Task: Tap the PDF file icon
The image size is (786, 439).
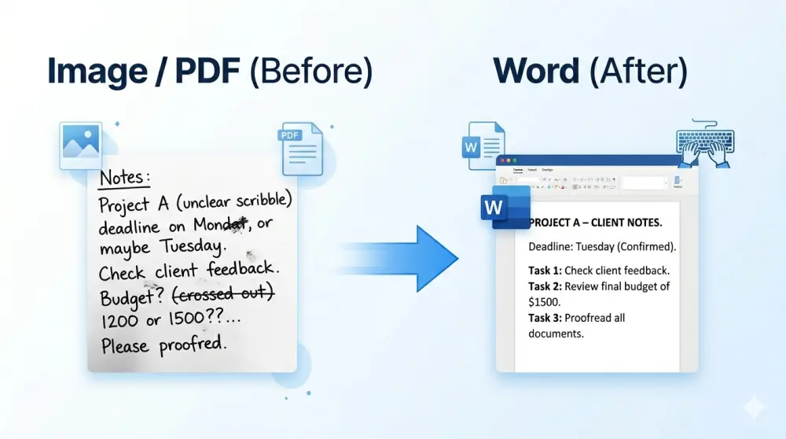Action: pos(302,149)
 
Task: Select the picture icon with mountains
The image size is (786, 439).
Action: pos(81,146)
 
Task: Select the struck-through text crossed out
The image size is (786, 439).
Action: pos(222,296)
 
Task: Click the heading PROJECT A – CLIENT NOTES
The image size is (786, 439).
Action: pos(595,223)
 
